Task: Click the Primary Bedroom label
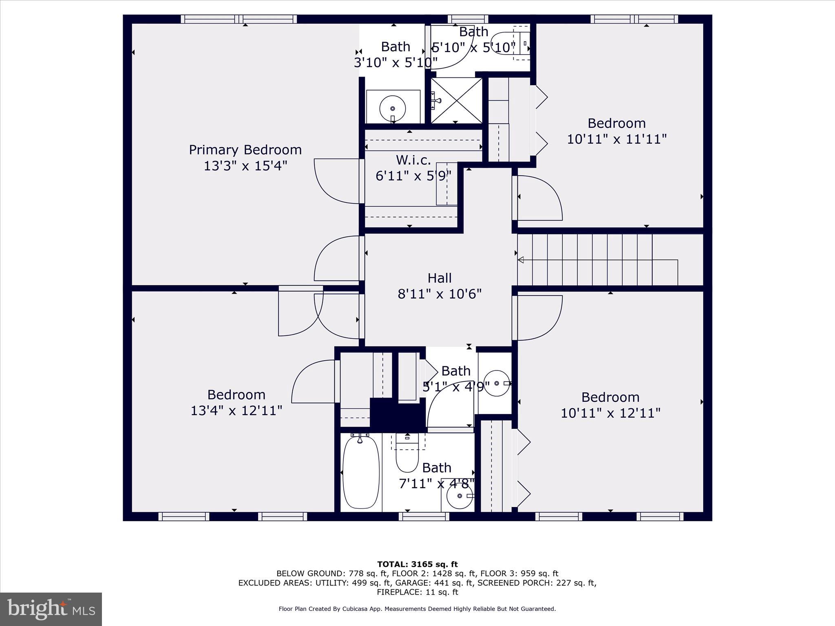(245, 150)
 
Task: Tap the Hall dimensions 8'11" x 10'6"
(440, 294)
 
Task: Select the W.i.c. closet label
(413, 160)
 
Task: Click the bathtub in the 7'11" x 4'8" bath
(361, 472)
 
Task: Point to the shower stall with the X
(456, 100)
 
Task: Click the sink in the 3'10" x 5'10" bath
(393, 108)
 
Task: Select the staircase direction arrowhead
(521, 260)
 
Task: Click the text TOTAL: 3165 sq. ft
(417, 564)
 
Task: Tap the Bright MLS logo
(51, 609)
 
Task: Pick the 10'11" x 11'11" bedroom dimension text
(617, 139)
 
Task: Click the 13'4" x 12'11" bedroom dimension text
(236, 410)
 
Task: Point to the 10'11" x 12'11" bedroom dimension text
(610, 413)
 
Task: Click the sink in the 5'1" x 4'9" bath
(497, 384)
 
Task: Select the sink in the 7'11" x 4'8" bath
(460, 496)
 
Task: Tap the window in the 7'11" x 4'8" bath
(424, 516)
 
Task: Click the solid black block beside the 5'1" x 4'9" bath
(398, 415)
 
